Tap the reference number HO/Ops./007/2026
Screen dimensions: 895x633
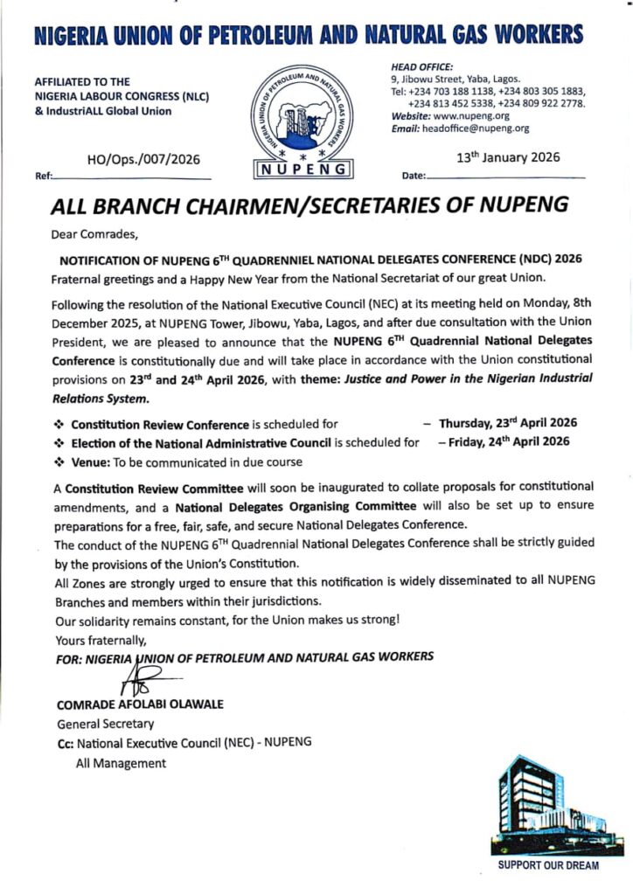144,159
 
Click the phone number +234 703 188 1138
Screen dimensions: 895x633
447,91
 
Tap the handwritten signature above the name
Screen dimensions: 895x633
144,678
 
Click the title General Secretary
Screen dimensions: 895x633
105,724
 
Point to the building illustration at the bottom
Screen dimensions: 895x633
548,806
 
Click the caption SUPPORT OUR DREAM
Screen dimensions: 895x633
548,865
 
